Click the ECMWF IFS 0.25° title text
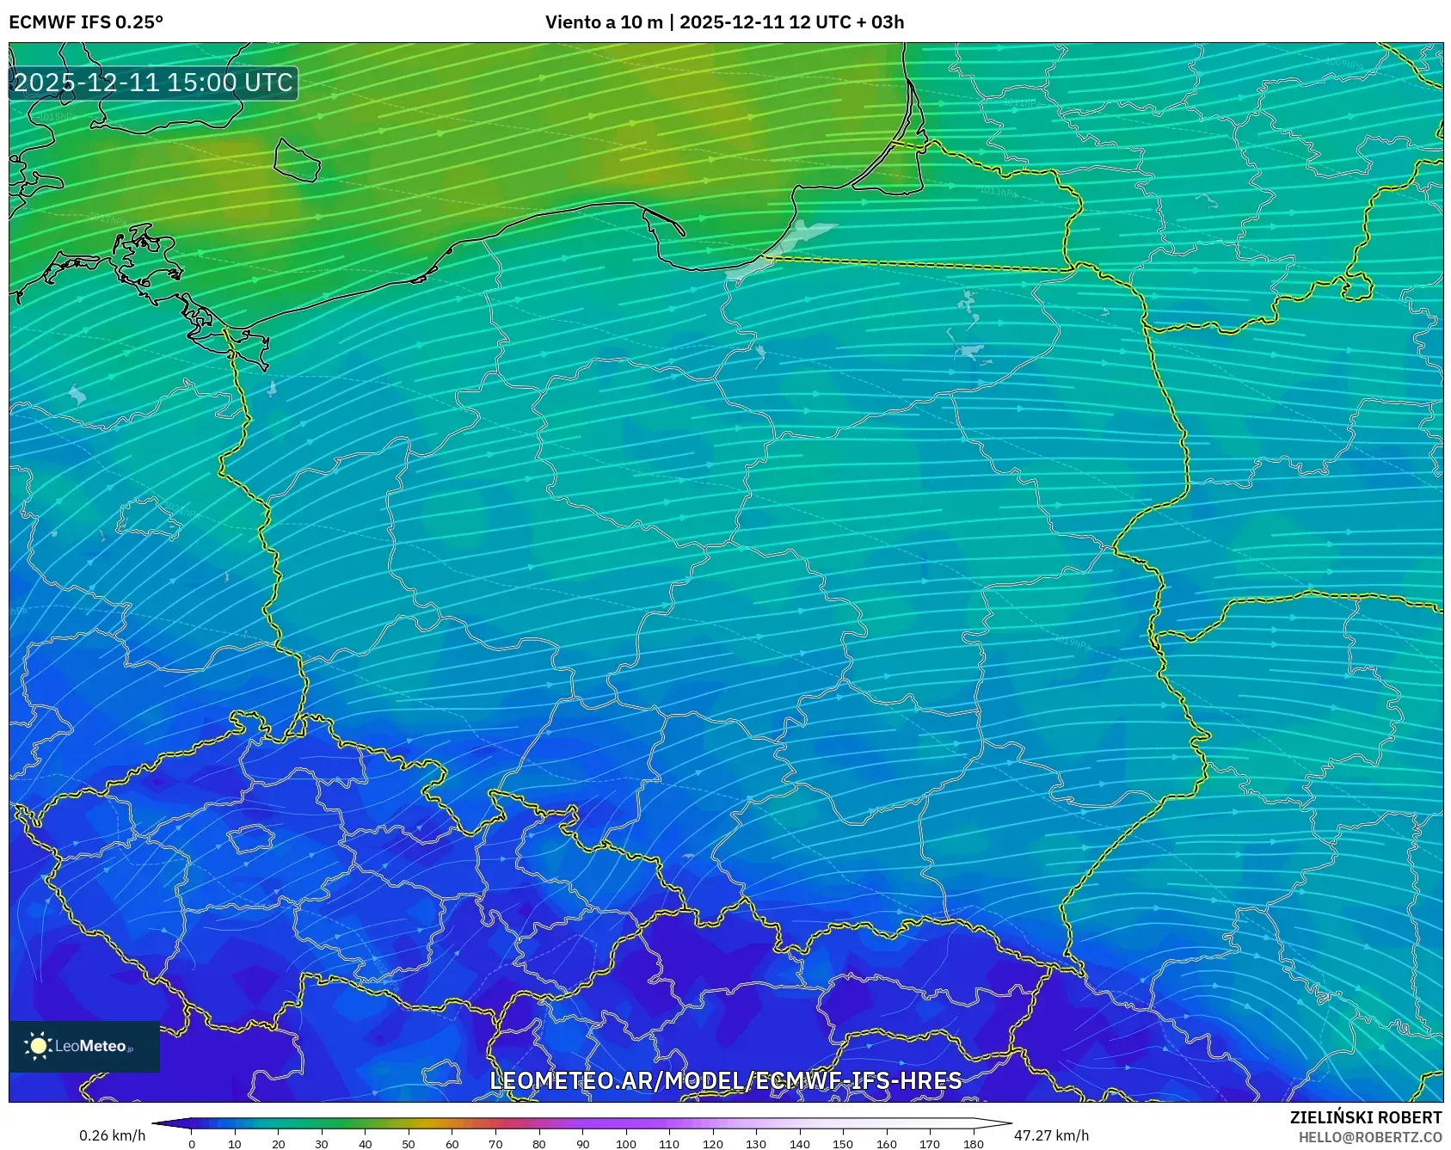(86, 22)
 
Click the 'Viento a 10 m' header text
(604, 22)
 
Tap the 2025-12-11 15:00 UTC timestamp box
(153, 83)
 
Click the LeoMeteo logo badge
(84, 1046)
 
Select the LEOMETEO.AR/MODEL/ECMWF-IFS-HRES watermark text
(725, 1080)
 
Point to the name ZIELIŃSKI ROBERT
(1365, 1117)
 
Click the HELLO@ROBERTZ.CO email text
(1369, 1137)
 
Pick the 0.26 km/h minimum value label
(112, 1135)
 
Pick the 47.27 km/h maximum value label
(1051, 1135)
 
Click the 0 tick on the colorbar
(191, 1144)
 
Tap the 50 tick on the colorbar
(409, 1144)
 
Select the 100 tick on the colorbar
(625, 1144)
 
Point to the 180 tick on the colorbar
(973, 1144)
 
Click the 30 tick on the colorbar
(322, 1144)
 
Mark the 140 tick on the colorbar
(799, 1144)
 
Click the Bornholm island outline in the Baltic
(297, 160)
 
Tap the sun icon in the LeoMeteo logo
(38, 1046)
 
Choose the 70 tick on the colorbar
(495, 1144)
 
